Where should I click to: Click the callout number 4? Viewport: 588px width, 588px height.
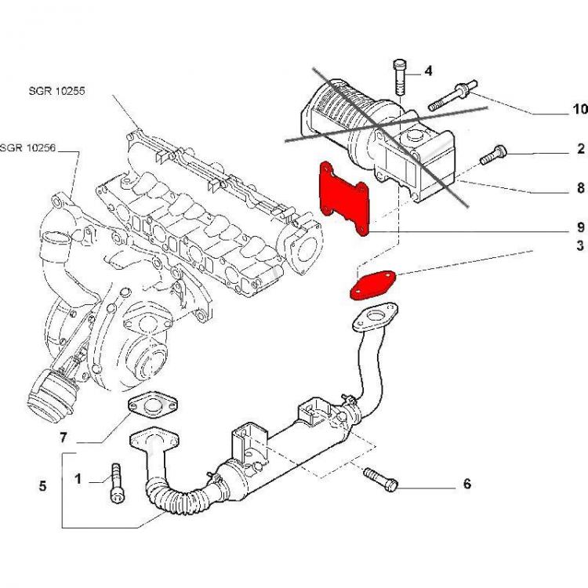pyautogui.click(x=429, y=71)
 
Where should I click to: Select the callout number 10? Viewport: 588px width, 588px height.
pyautogui.click(x=579, y=108)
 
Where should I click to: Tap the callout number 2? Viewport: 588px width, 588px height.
pyautogui.click(x=581, y=148)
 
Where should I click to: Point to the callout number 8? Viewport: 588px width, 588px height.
pyautogui.click(x=580, y=188)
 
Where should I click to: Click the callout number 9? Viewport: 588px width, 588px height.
pyautogui.click(x=580, y=227)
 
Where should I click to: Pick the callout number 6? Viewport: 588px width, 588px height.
pyautogui.click(x=467, y=484)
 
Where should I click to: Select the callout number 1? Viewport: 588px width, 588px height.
pyautogui.click(x=78, y=478)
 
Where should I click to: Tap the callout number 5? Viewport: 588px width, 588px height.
pyautogui.click(x=42, y=486)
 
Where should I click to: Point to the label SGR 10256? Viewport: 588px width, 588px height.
pyautogui.click(x=28, y=147)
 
